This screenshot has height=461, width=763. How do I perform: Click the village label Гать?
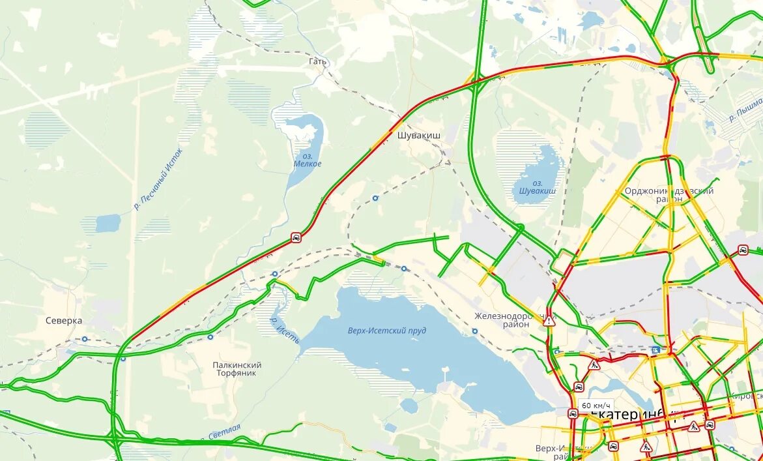tap(318, 61)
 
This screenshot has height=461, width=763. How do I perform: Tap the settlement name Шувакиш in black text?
tap(418, 136)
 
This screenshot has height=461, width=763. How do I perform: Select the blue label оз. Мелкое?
tap(308, 160)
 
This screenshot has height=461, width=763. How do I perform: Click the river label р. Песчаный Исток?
tap(158, 179)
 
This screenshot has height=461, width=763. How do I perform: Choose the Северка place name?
tap(64, 321)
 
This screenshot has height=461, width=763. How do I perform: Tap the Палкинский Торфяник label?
tap(237, 369)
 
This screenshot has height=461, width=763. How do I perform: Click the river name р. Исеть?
tap(285, 331)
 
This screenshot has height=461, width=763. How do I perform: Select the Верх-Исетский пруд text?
tap(388, 331)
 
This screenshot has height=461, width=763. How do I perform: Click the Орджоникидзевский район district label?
tap(669, 195)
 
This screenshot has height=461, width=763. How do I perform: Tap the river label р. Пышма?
tap(745, 110)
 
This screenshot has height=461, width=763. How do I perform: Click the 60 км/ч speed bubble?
tap(596, 405)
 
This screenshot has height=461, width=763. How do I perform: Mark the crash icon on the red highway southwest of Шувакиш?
tap(296, 238)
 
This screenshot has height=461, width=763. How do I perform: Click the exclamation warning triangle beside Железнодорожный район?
tap(549, 320)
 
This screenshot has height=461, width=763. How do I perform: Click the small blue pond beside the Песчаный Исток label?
tap(108, 223)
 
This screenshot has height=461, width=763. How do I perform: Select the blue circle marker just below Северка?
tap(84, 339)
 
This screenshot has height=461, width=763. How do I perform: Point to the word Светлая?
tap(225, 431)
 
